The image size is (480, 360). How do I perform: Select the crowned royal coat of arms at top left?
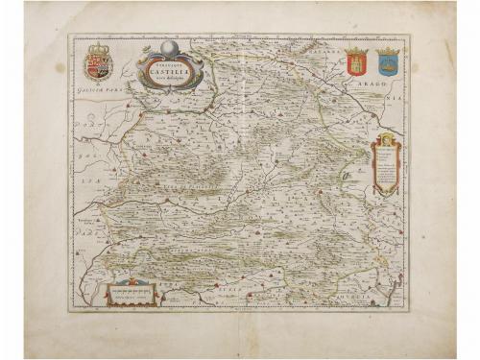coord(99,64)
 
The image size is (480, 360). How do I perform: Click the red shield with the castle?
coord(356,64)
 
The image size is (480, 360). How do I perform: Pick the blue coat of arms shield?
coord(387,64)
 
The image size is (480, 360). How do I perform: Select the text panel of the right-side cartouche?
coord(385,168)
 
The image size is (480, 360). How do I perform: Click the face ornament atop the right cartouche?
coord(386,140)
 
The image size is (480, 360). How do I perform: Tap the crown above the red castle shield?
coord(356,51)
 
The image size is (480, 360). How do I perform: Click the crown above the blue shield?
coord(387,51)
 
